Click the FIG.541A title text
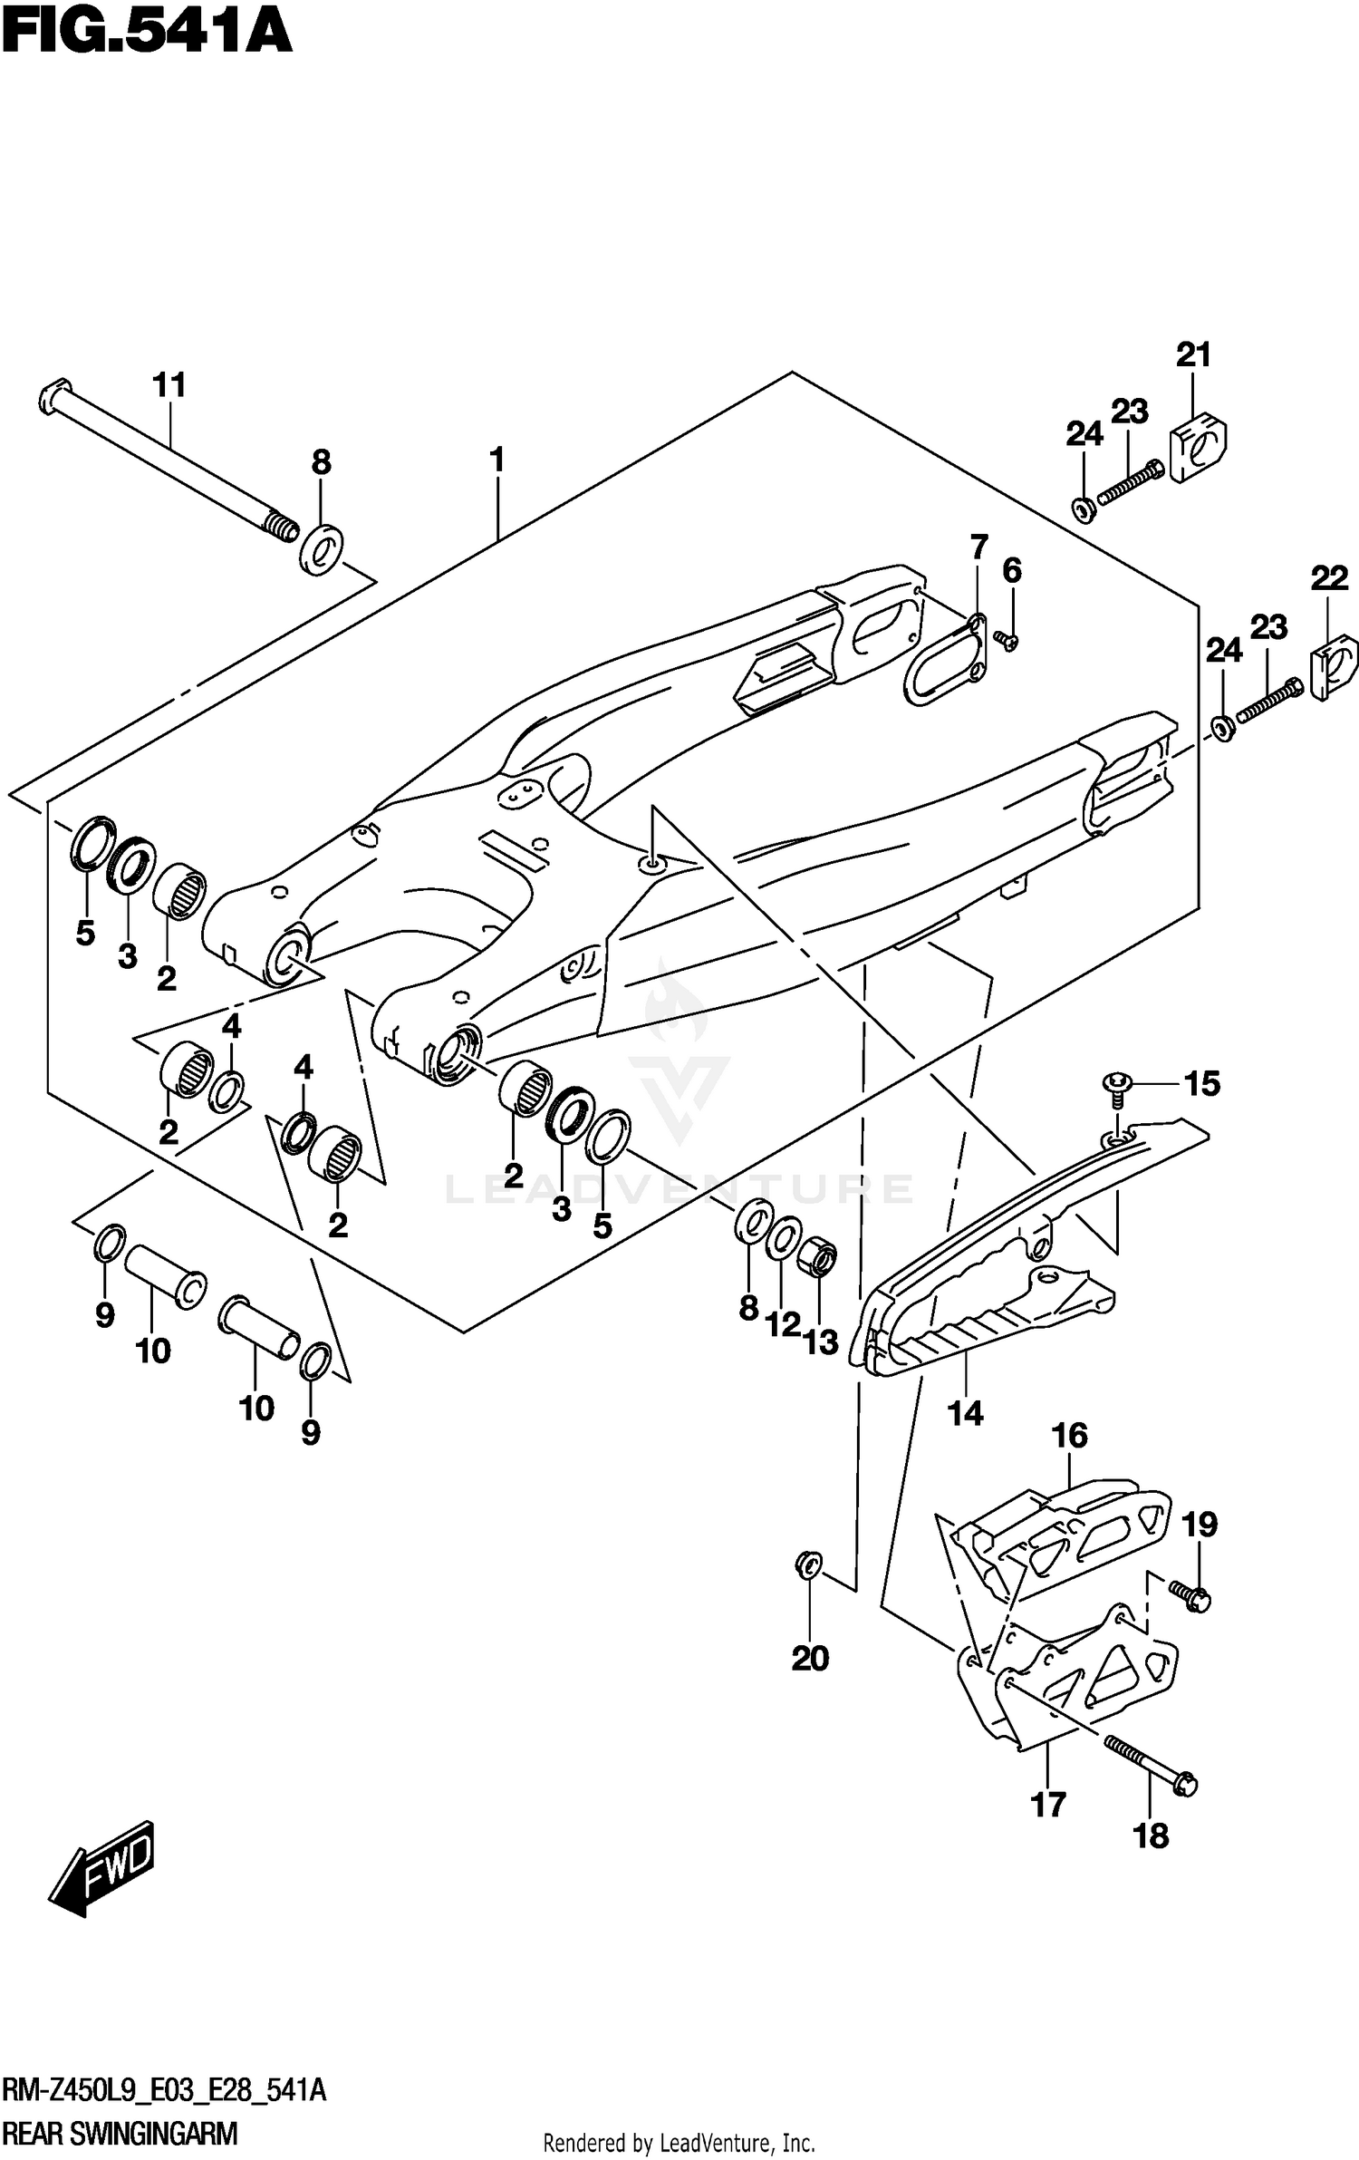(x=147, y=34)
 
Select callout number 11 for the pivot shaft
(x=169, y=385)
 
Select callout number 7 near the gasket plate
(x=978, y=547)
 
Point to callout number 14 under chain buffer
(x=965, y=1412)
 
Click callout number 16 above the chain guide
(x=1069, y=1435)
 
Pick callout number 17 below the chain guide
(x=1048, y=1805)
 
